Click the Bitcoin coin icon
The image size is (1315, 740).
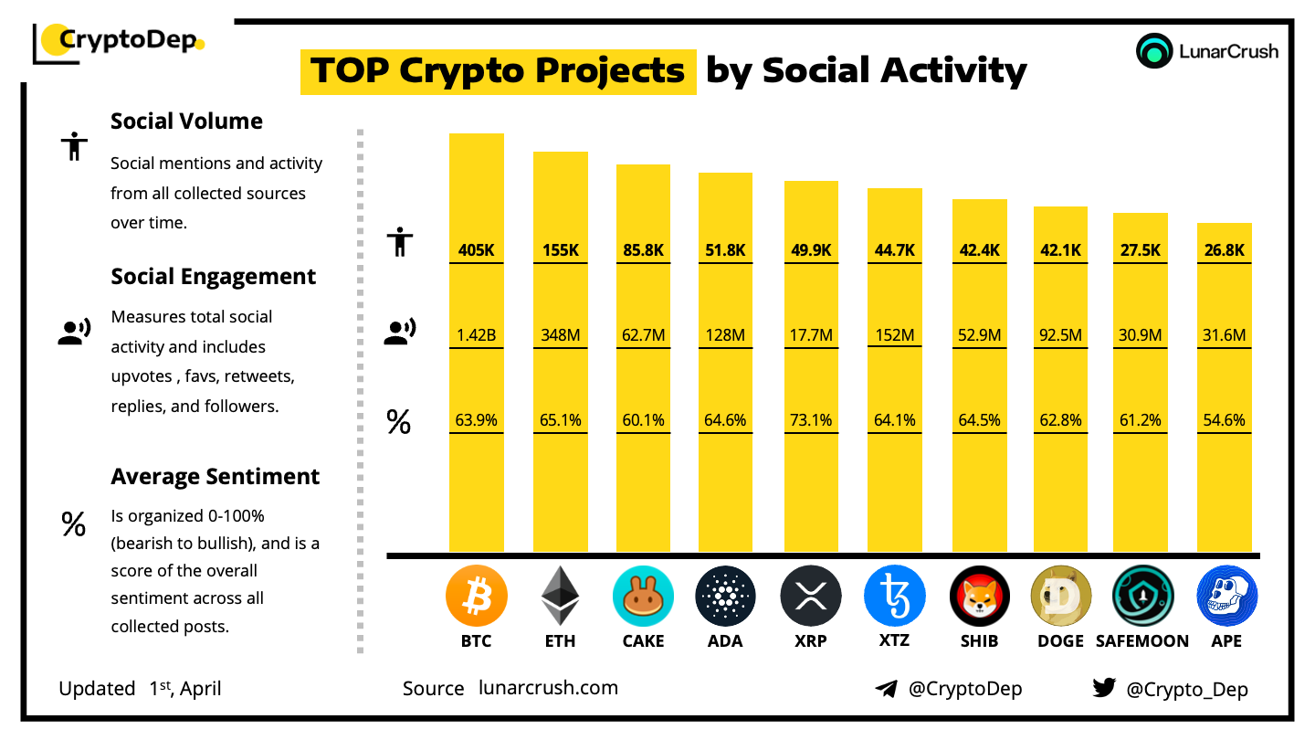click(x=476, y=597)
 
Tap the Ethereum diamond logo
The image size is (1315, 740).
click(x=560, y=597)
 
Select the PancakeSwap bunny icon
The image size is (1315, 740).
click(x=643, y=597)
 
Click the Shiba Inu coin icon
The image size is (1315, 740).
click(x=979, y=597)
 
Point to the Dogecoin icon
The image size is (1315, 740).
click(x=1060, y=597)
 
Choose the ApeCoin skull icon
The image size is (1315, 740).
click(x=1226, y=597)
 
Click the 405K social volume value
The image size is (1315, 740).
click(x=476, y=250)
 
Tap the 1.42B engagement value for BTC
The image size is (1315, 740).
click(x=476, y=335)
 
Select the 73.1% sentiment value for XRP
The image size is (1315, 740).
click(x=811, y=420)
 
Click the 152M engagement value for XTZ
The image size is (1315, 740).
click(x=894, y=335)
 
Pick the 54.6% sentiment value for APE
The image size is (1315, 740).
click(x=1225, y=420)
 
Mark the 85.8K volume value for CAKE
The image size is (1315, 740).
click(x=643, y=250)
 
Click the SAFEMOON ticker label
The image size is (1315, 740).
click(x=1142, y=640)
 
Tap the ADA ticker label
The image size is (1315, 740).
click(x=725, y=640)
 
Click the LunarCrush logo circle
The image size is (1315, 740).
click(x=1154, y=51)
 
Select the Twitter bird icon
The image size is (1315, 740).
click(x=1104, y=688)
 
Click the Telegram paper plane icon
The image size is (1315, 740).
click(x=886, y=689)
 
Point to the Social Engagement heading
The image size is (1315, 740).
click(x=214, y=277)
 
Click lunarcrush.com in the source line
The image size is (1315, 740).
click(x=548, y=688)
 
